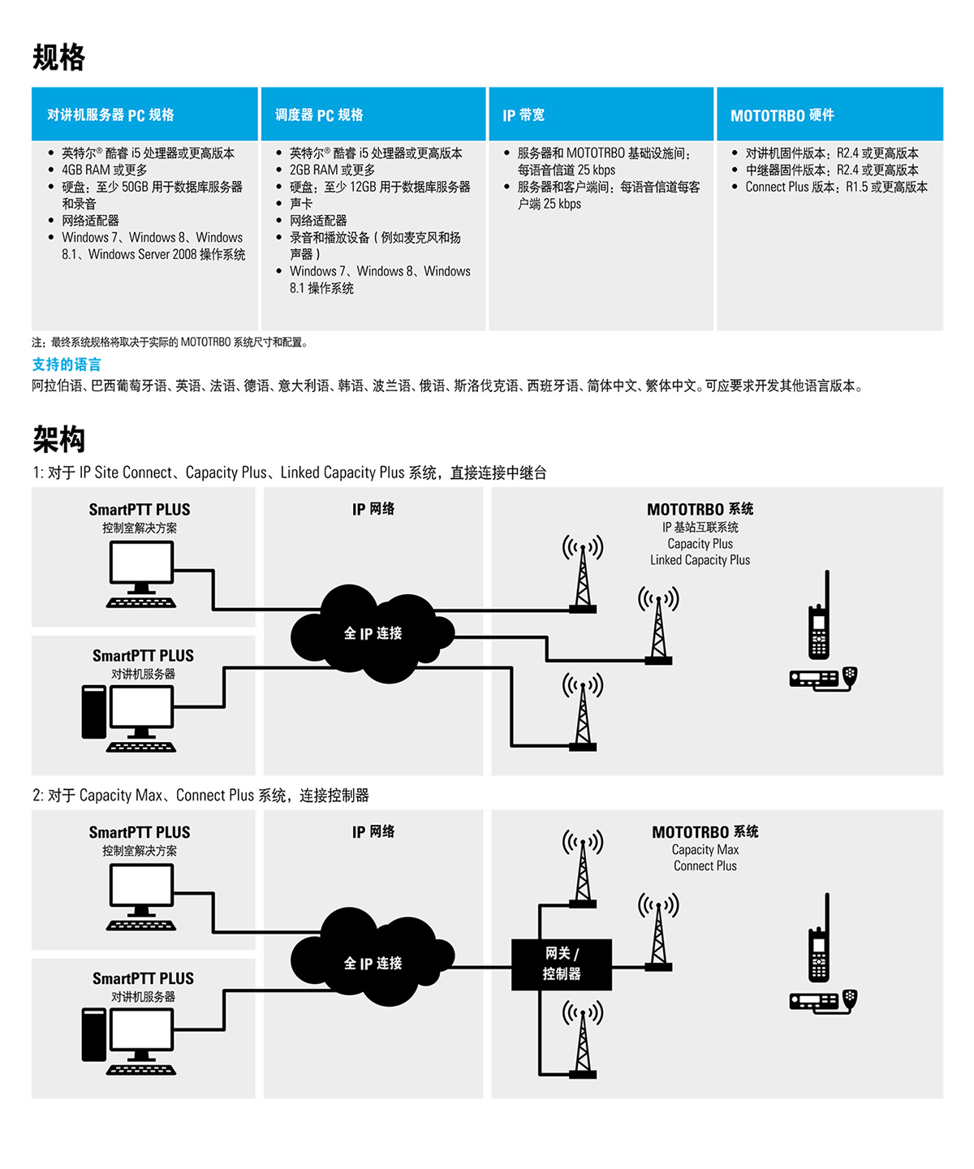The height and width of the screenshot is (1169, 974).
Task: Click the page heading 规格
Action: pos(58,58)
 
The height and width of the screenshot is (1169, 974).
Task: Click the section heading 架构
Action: pos(58,439)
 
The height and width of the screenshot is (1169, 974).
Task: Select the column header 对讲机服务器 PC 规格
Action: pos(110,115)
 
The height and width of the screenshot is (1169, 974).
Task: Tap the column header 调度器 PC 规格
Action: pos(319,115)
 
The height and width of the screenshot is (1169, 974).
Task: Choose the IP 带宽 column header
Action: pos(524,115)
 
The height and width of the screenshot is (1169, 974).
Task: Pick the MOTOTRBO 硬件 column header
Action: pos(782,115)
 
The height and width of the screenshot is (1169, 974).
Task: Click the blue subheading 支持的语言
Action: pos(67,365)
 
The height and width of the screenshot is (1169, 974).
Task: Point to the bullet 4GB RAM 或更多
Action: pos(104,170)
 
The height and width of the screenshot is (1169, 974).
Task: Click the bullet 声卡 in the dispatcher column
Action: pos(301,204)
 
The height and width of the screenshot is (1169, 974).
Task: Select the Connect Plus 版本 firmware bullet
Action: pos(836,187)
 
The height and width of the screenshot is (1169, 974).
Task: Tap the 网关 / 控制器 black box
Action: pos(561,964)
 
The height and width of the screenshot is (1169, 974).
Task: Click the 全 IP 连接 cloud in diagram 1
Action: pos(373,633)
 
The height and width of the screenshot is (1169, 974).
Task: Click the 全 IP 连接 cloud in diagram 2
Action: pos(373,963)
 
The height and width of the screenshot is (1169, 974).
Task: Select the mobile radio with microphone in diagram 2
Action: pos(823,1001)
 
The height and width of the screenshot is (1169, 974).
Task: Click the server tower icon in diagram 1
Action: pos(94,712)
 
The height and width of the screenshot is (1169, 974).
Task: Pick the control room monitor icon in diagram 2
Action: pos(141,896)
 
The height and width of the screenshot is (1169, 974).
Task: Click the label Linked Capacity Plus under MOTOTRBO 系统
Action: pos(700,560)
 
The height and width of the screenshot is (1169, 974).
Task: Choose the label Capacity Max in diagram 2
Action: pos(705,850)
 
